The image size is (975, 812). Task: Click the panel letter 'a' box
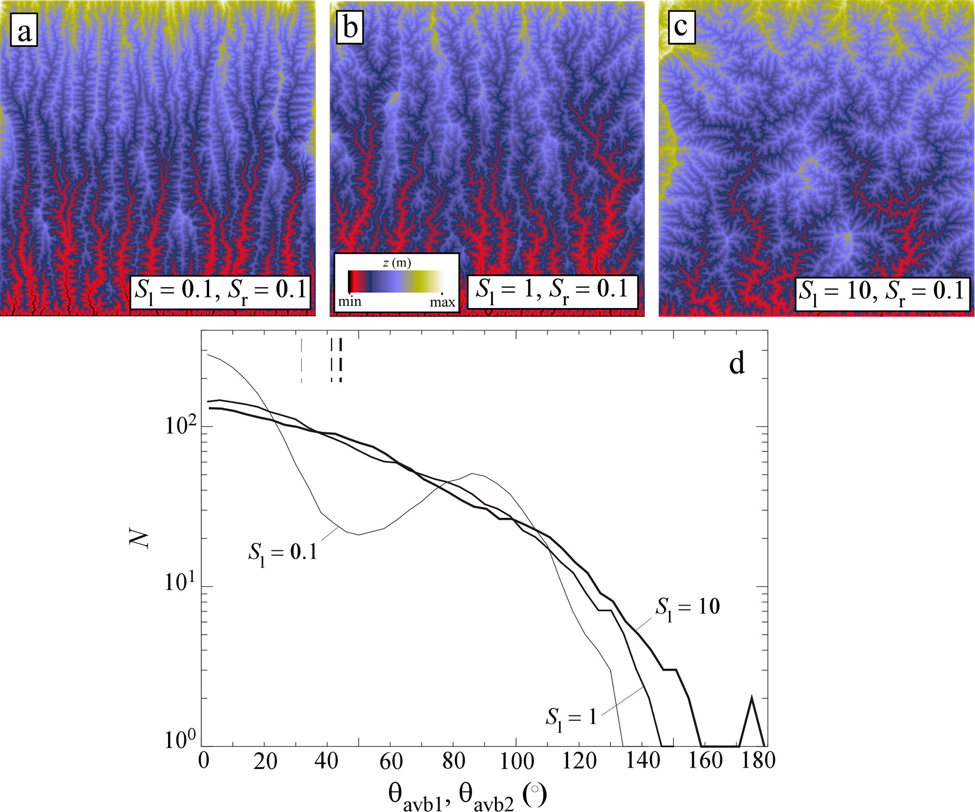click(x=24, y=32)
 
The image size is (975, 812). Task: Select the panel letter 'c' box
click(x=681, y=27)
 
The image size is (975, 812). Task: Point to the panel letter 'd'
click(x=737, y=364)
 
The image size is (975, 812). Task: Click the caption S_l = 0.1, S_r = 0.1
click(x=220, y=292)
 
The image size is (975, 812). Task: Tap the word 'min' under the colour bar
click(x=350, y=301)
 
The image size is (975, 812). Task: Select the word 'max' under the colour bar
click(x=442, y=302)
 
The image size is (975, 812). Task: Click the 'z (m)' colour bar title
click(x=397, y=263)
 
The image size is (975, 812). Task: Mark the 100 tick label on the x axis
click(x=516, y=761)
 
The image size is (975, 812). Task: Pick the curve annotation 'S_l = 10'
click(x=688, y=608)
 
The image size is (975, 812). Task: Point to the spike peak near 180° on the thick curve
click(x=751, y=697)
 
